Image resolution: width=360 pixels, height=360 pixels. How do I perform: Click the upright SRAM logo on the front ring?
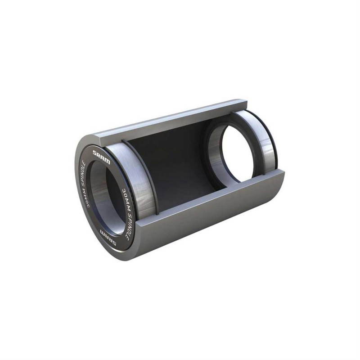[101, 157]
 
